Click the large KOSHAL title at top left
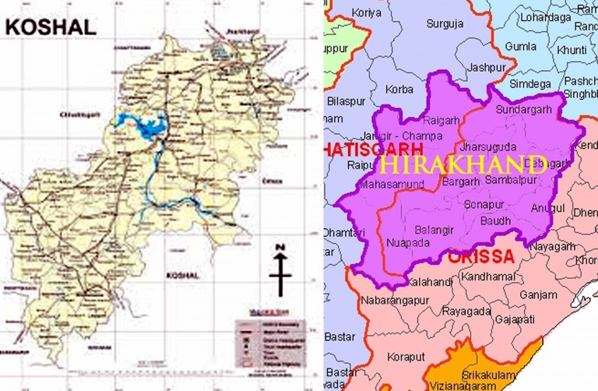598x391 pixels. point(51,26)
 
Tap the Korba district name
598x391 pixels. point(399,90)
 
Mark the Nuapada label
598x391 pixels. point(406,242)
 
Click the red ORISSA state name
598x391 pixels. point(480,256)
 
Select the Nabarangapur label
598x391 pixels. point(396,300)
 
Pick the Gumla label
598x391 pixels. point(520,46)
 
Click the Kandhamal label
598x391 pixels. point(490,277)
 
